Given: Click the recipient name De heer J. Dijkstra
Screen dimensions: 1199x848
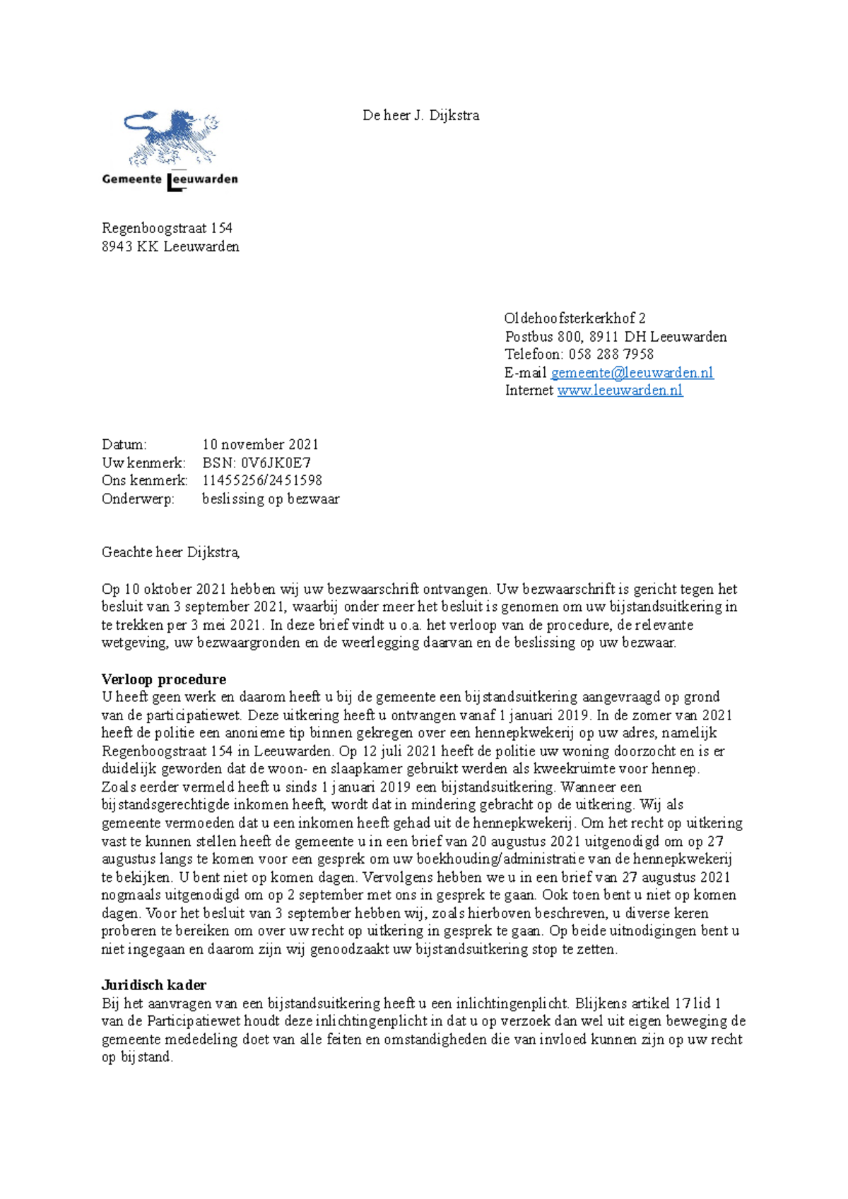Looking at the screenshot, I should click(420, 116).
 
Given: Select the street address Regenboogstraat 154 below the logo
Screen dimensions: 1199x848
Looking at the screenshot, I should click(167, 228).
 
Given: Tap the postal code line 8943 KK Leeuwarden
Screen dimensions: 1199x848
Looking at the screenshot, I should click(170, 246).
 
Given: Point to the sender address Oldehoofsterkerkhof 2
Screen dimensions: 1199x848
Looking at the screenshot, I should click(575, 318).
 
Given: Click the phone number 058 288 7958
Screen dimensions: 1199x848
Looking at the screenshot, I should click(611, 354).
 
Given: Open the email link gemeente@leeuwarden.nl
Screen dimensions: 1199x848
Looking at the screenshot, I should click(632, 373).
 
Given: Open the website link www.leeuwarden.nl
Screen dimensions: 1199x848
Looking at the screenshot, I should click(620, 390).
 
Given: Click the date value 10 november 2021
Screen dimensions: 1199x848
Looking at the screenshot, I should click(260, 445).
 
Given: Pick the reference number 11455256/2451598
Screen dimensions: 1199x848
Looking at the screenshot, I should click(262, 481).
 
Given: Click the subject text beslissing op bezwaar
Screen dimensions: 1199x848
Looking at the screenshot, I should click(271, 499).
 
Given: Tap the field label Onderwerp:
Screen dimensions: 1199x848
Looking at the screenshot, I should click(138, 499).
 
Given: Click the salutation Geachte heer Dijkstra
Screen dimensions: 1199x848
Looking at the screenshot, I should click(170, 553).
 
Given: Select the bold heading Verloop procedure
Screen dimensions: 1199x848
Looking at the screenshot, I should click(164, 679).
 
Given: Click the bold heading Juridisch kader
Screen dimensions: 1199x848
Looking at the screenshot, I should click(154, 985).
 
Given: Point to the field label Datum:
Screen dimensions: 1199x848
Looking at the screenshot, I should click(124, 445).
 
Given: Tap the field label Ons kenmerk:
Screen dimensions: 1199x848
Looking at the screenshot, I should click(144, 481).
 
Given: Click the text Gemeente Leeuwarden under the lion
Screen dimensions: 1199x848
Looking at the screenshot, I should click(170, 179).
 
